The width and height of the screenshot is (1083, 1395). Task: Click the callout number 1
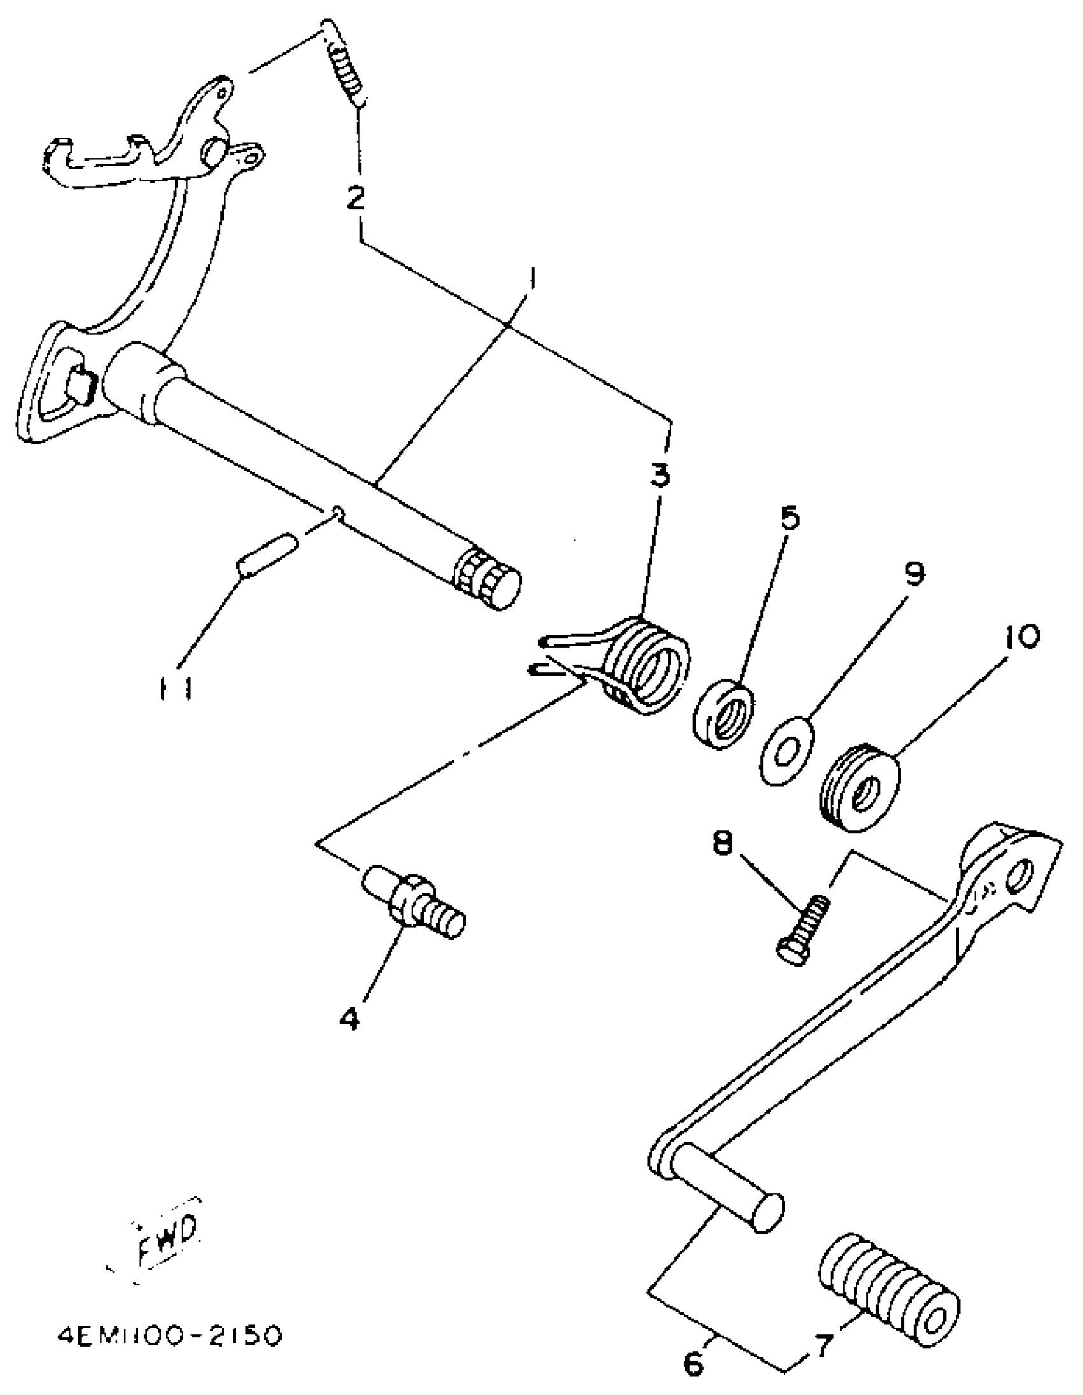click(x=531, y=281)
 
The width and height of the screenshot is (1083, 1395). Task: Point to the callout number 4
click(x=349, y=1017)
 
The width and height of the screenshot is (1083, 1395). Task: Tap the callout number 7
click(x=822, y=1348)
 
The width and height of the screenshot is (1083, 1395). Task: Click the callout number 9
click(x=914, y=574)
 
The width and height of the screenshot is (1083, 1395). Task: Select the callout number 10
click(x=1022, y=635)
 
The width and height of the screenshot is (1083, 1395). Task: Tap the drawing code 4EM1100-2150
click(x=169, y=1336)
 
